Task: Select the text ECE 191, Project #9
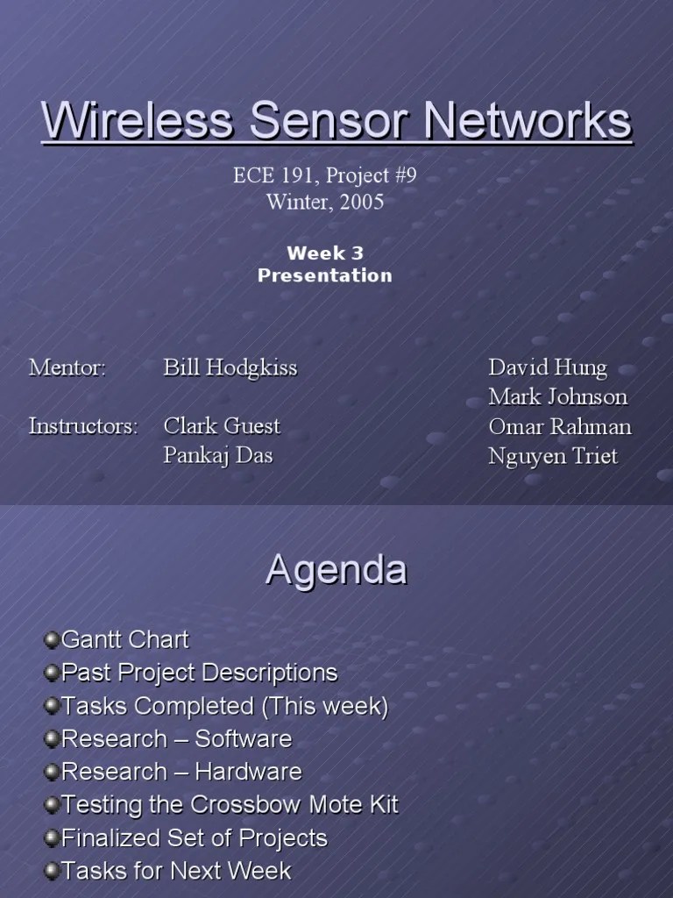[324, 175]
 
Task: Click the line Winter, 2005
[324, 202]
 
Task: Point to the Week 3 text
[324, 253]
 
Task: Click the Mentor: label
[67, 367]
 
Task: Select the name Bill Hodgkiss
[230, 367]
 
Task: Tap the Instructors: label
[83, 426]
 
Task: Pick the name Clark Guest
[222, 426]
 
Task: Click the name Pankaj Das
[218, 456]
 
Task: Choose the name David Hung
[548, 367]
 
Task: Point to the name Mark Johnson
[558, 396]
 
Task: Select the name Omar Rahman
[560, 426]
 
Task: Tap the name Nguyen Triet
[553, 456]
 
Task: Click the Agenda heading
[336, 571]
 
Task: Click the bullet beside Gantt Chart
[52, 638]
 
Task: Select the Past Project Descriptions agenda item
[199, 673]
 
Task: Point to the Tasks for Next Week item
[176, 870]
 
